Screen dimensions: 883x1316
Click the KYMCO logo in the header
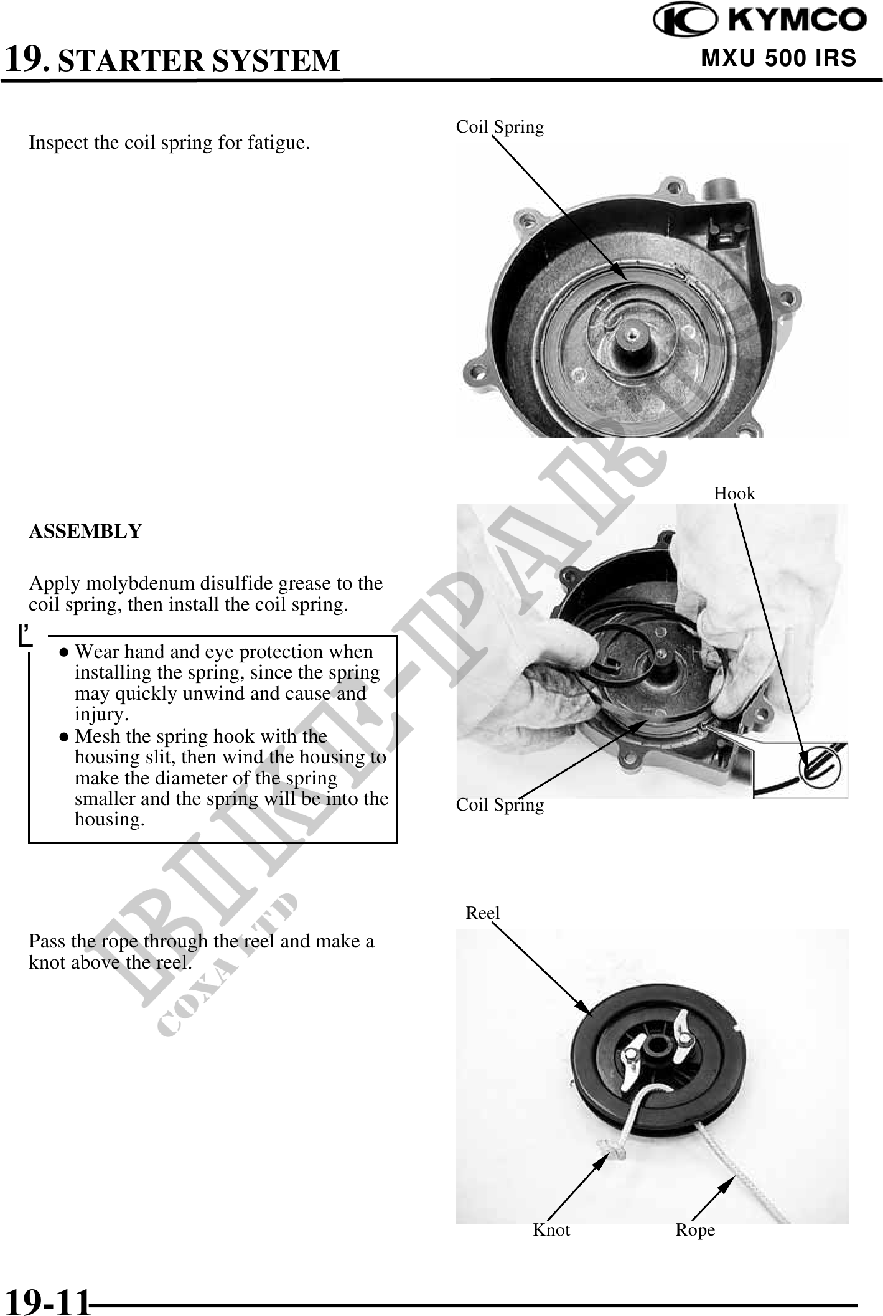point(759,21)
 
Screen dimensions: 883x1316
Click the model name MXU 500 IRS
point(778,58)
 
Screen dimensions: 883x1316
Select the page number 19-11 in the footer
point(47,1301)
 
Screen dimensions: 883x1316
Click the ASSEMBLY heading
point(85,532)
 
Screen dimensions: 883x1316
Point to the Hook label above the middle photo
point(734,494)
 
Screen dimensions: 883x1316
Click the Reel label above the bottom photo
point(483,913)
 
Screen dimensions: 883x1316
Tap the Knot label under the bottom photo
point(551,1229)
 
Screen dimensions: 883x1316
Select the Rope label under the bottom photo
point(695,1231)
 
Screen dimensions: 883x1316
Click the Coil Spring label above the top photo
point(500,127)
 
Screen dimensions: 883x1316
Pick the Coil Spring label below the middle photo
point(500,805)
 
